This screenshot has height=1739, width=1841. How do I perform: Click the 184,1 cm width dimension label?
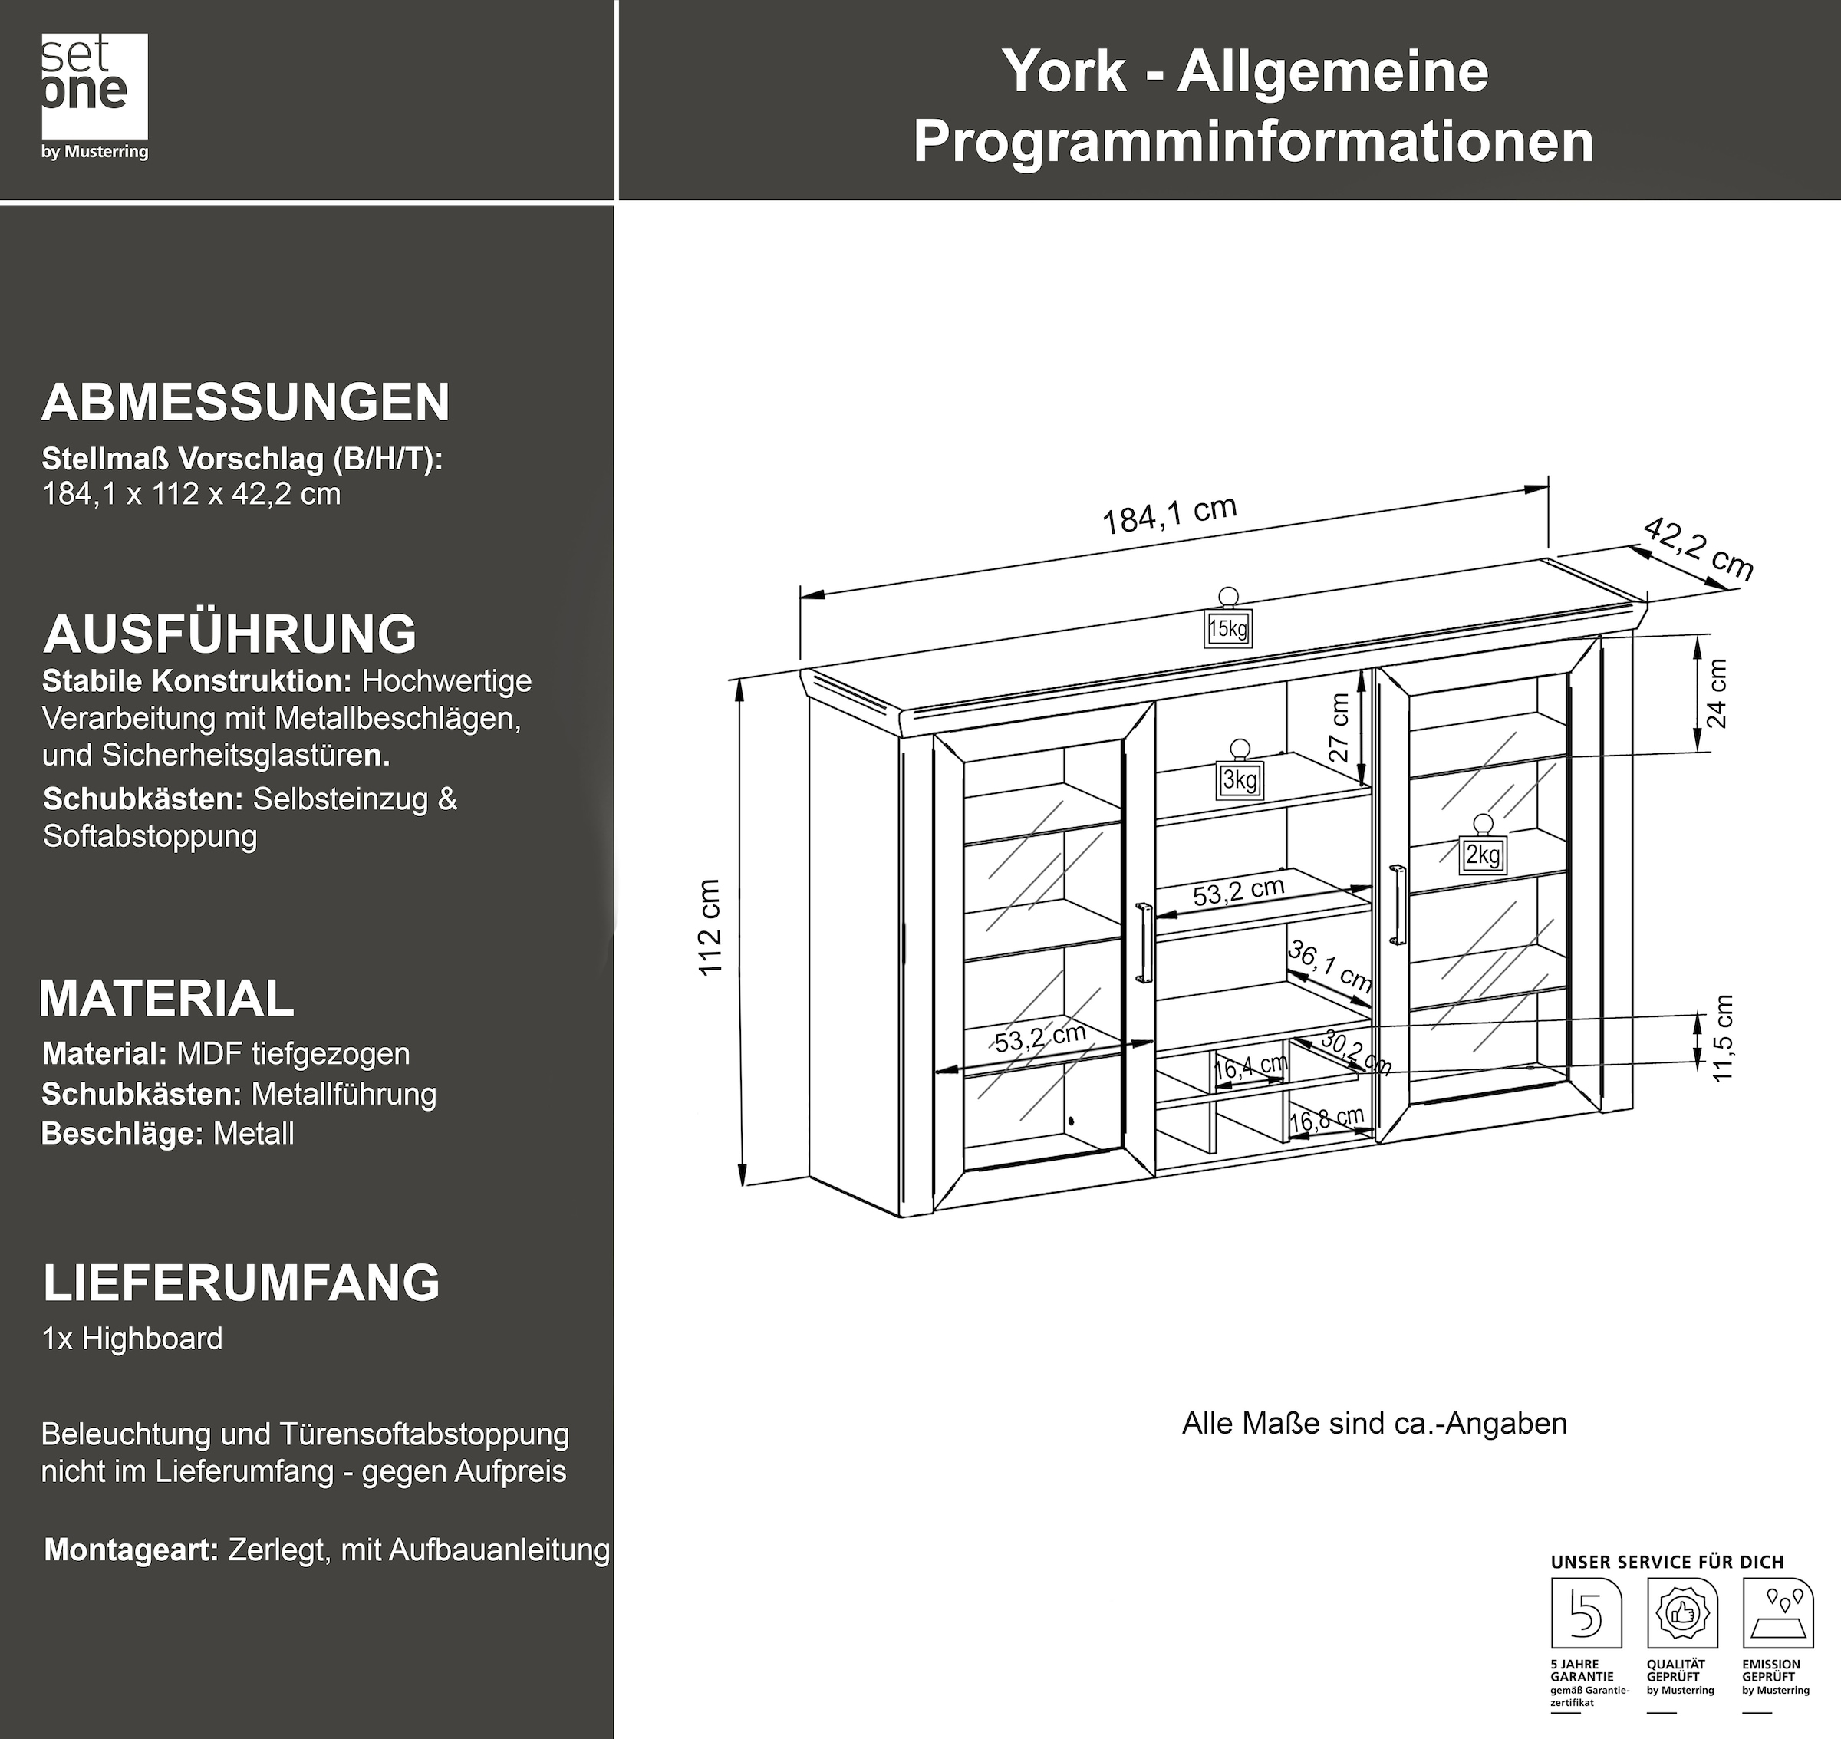[x=1169, y=515]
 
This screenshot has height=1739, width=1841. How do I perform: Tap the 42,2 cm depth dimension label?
[x=1698, y=550]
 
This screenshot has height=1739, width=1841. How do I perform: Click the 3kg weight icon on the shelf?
[x=1240, y=776]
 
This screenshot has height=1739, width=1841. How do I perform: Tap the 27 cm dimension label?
[x=1339, y=728]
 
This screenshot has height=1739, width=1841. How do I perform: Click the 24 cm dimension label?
[x=1717, y=693]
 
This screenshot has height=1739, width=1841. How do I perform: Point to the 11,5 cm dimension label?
[x=1722, y=1037]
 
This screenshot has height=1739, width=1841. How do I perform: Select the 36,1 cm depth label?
[x=1329, y=969]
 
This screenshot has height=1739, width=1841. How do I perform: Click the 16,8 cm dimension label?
[x=1326, y=1119]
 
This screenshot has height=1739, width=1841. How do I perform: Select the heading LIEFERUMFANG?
[x=241, y=1283]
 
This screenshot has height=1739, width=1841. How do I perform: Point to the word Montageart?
[x=130, y=1550]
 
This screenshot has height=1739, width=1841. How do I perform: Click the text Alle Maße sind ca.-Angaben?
[x=1374, y=1424]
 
